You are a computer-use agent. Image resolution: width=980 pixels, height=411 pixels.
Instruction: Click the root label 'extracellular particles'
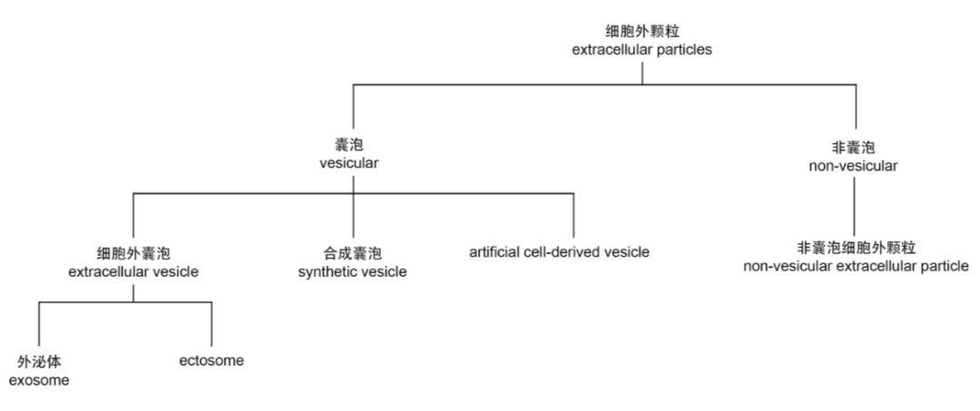[x=642, y=50]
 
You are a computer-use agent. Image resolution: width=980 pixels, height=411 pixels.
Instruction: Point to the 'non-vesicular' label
[x=854, y=165]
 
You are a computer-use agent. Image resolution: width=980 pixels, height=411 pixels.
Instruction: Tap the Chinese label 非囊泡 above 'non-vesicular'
[x=854, y=146]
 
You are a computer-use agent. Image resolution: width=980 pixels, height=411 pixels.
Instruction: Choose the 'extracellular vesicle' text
[x=133, y=270]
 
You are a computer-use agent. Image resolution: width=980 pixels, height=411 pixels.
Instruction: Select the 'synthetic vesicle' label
[x=352, y=270]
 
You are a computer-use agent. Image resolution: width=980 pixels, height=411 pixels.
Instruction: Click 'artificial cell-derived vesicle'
[x=559, y=251]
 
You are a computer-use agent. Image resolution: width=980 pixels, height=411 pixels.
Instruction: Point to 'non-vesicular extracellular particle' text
[x=856, y=266]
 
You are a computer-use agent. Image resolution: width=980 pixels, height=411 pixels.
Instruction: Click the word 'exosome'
[x=39, y=379]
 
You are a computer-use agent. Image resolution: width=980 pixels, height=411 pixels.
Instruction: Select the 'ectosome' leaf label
[x=211, y=360]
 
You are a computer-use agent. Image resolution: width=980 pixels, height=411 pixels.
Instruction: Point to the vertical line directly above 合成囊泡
[x=353, y=216]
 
